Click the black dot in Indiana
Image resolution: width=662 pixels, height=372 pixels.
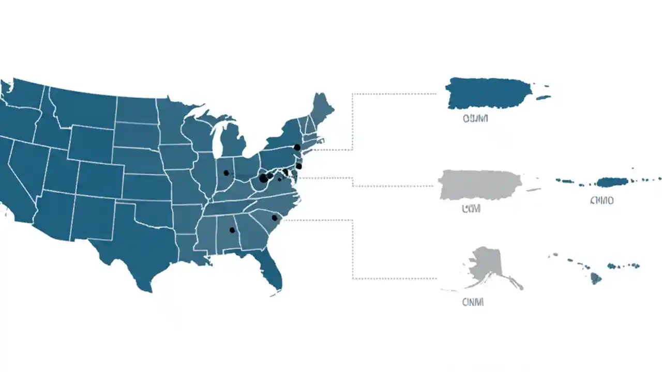225,173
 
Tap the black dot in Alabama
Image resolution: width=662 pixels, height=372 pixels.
232,230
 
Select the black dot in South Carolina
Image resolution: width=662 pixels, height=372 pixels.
274,218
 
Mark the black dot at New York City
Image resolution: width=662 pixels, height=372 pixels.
297,147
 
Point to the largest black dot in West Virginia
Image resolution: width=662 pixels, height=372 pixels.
263,178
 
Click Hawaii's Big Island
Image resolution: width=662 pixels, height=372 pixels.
596,278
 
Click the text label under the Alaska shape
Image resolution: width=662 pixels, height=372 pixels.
473,302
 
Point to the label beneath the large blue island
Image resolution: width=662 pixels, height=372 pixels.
475,119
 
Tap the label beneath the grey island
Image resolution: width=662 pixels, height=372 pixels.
471,208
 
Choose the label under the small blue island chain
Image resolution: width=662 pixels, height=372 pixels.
601,200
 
